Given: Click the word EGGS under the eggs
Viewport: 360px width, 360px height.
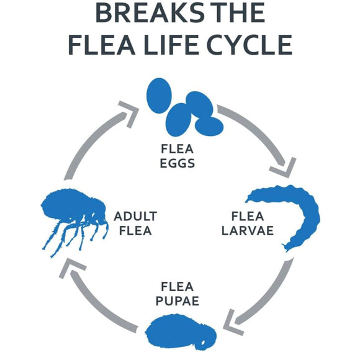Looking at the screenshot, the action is tap(178, 163).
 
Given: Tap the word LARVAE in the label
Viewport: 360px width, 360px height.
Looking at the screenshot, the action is tap(248, 230).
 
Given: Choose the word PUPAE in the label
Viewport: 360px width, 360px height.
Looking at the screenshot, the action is tap(178, 301).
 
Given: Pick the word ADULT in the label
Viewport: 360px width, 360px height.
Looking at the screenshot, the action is tap(135, 216).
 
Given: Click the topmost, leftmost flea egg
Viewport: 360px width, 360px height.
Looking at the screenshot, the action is tap(159, 96).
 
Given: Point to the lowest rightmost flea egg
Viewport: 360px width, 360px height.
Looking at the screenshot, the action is tap(209, 126).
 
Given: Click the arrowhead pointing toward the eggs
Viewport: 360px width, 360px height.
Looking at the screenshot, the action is tap(130, 113).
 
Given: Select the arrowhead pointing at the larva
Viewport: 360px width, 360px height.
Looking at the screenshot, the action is tap(284, 168).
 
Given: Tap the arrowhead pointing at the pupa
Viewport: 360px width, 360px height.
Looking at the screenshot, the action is tap(232, 323).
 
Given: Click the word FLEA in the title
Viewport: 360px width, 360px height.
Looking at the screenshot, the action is tap(101, 45).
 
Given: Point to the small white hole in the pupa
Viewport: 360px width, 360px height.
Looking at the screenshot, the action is tap(203, 343).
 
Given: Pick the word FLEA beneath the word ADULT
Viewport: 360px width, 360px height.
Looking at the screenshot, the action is tap(135, 231).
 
